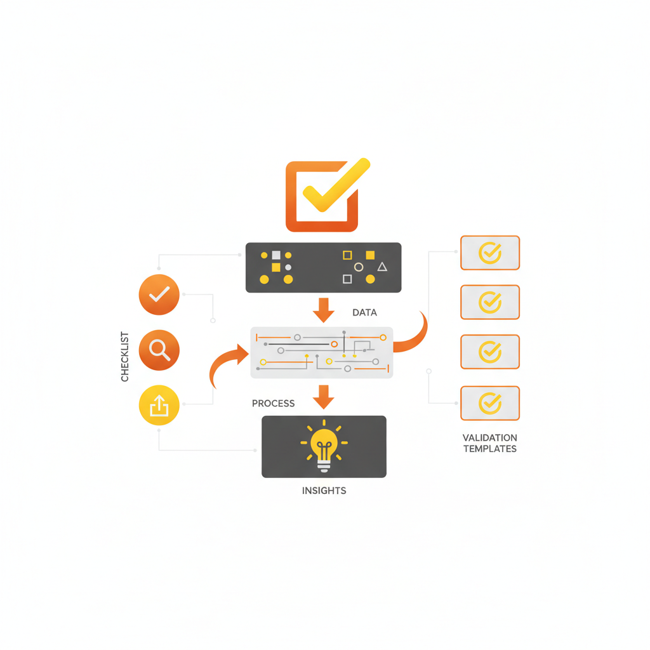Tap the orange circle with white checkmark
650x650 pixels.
click(x=159, y=295)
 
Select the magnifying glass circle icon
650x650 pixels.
click(x=159, y=350)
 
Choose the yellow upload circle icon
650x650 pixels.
click(x=159, y=405)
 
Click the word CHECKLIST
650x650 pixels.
click(x=125, y=357)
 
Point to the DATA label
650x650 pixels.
click(x=364, y=312)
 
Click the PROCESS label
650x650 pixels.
click(x=273, y=403)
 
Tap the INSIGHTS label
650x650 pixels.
click(x=324, y=491)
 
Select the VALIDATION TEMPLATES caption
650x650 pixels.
click(x=489, y=443)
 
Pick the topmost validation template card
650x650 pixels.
click(x=489, y=253)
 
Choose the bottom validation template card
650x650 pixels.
click(x=489, y=403)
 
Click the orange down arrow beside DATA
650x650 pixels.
click(x=324, y=309)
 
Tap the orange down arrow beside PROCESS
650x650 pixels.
click(x=324, y=397)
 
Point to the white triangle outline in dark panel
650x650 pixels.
click(x=382, y=267)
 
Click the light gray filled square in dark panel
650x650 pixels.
click(x=276, y=255)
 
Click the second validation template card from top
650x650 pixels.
click(x=489, y=302)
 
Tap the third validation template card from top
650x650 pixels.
click(x=489, y=352)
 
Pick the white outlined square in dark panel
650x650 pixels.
click(x=347, y=279)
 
